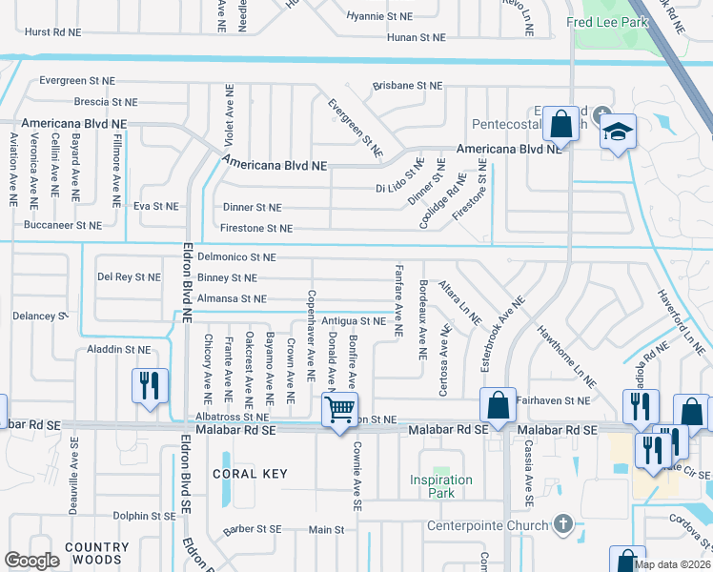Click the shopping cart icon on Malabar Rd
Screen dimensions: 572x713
tap(340, 410)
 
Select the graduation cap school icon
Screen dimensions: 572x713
tap(617, 133)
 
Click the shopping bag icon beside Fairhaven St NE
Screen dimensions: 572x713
tap(499, 405)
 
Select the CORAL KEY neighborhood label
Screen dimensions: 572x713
tap(250, 474)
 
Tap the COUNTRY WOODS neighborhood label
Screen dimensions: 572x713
tap(97, 555)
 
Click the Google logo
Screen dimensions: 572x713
tap(31, 561)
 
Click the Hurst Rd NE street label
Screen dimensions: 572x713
tap(52, 31)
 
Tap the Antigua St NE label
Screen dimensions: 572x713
tap(354, 321)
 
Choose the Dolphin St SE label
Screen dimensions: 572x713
tap(143, 516)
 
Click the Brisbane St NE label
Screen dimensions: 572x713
tap(407, 85)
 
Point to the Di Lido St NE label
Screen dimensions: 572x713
tap(398, 177)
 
